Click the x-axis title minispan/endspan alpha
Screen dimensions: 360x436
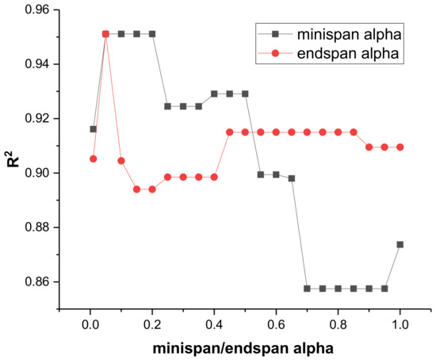click(x=245, y=349)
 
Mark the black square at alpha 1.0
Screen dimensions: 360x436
click(x=400, y=244)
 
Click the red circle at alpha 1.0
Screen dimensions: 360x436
click(x=400, y=147)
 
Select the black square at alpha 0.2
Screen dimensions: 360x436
click(x=152, y=34)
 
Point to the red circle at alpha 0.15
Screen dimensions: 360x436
click(x=136, y=190)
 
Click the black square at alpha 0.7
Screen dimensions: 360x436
click(x=307, y=289)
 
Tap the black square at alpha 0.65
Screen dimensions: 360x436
click(x=291, y=178)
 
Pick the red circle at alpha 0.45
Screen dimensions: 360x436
click(x=229, y=132)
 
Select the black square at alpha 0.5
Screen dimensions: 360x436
click(x=245, y=94)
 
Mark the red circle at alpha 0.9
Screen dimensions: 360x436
click(x=369, y=147)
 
